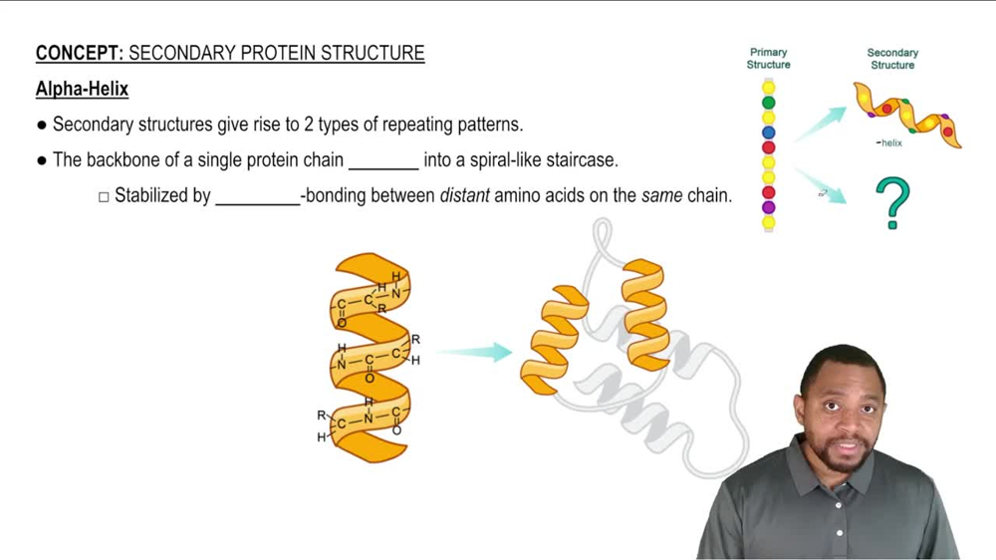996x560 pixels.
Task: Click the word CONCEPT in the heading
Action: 78,54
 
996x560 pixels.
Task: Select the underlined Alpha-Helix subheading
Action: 82,90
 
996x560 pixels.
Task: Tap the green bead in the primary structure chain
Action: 768,103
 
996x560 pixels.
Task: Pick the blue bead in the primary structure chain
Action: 768,133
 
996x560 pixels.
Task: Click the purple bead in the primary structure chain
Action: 768,207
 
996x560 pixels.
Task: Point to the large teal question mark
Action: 892,203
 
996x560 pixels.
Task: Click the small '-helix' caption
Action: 889,143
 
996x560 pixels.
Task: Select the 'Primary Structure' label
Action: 768,59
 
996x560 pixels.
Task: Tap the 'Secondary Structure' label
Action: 891,59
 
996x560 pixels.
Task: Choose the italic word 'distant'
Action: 464,196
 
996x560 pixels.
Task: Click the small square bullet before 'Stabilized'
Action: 104,197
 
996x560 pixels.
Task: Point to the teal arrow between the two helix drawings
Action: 474,351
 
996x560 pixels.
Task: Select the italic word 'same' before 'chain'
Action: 661,196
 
